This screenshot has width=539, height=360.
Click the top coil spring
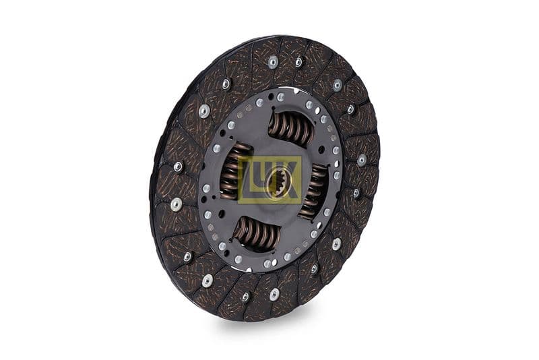(x=292, y=127)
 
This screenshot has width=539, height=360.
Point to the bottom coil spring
(x=257, y=232)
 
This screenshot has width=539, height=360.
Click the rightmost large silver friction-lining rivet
(x=362, y=160)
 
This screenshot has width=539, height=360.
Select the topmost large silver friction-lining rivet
(x=273, y=63)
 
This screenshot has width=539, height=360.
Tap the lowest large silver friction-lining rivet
(x=274, y=294)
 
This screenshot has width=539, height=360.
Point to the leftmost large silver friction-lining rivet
(x=177, y=204)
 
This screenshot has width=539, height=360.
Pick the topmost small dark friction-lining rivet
(x=298, y=62)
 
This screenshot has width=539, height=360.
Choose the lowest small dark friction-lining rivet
(x=245, y=297)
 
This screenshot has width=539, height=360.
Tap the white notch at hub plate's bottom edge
(x=249, y=266)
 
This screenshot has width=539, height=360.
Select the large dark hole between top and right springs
(x=325, y=142)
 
